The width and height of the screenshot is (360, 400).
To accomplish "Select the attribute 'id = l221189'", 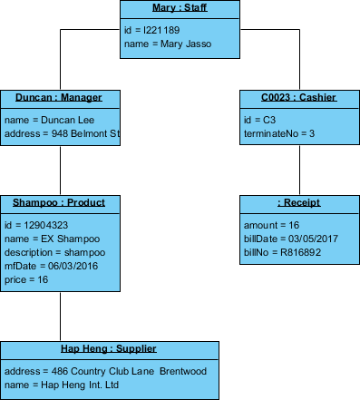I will point(151,30).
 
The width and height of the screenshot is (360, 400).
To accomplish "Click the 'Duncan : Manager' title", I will point(59,98).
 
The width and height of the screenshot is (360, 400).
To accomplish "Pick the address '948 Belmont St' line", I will point(62,132).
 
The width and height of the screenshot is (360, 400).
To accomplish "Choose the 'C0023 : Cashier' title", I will point(299,98).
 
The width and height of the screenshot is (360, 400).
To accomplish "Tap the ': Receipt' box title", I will point(299,202).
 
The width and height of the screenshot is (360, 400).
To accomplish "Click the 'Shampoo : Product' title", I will point(59,202).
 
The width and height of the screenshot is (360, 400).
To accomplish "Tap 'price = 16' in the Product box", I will point(26,280).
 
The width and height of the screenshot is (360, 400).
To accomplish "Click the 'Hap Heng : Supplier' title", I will point(109,348).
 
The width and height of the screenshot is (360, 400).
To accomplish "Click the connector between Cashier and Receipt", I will point(299,171).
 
